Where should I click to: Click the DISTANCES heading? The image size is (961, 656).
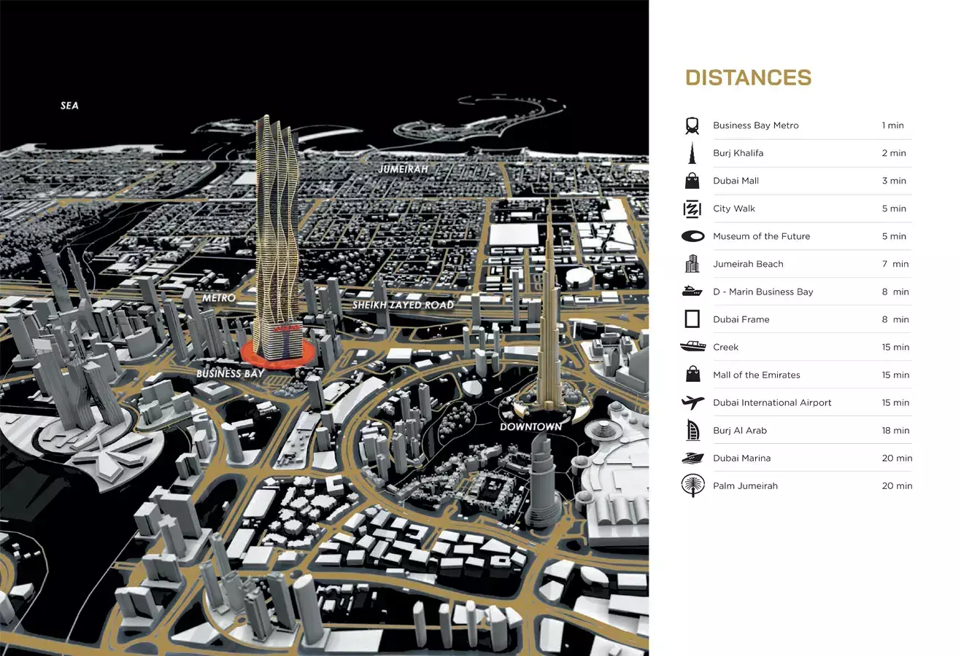point(748,78)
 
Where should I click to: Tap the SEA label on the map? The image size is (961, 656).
point(69,106)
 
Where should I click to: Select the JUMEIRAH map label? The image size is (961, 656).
point(403,169)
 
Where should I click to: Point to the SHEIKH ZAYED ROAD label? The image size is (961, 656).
point(403,305)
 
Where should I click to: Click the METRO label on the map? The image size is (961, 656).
point(219,298)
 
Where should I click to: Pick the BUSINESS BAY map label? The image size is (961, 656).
point(230,373)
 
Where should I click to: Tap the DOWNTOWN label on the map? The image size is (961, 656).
point(530,426)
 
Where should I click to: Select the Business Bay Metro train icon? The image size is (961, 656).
point(692,125)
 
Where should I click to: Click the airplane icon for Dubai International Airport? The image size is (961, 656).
point(692,402)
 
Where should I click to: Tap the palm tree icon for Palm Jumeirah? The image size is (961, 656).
point(692,485)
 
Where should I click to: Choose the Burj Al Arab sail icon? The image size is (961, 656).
point(692,430)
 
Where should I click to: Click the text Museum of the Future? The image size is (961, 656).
point(761,236)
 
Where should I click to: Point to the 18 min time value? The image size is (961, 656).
point(895,430)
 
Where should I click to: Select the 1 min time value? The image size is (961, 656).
point(892,125)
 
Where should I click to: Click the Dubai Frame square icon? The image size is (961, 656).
point(692,319)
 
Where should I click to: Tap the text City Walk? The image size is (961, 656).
point(734,208)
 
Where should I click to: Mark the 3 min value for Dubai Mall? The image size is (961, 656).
point(894,181)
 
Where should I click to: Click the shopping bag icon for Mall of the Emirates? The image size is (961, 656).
point(692,375)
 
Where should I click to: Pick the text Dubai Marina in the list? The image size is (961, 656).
point(741,458)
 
